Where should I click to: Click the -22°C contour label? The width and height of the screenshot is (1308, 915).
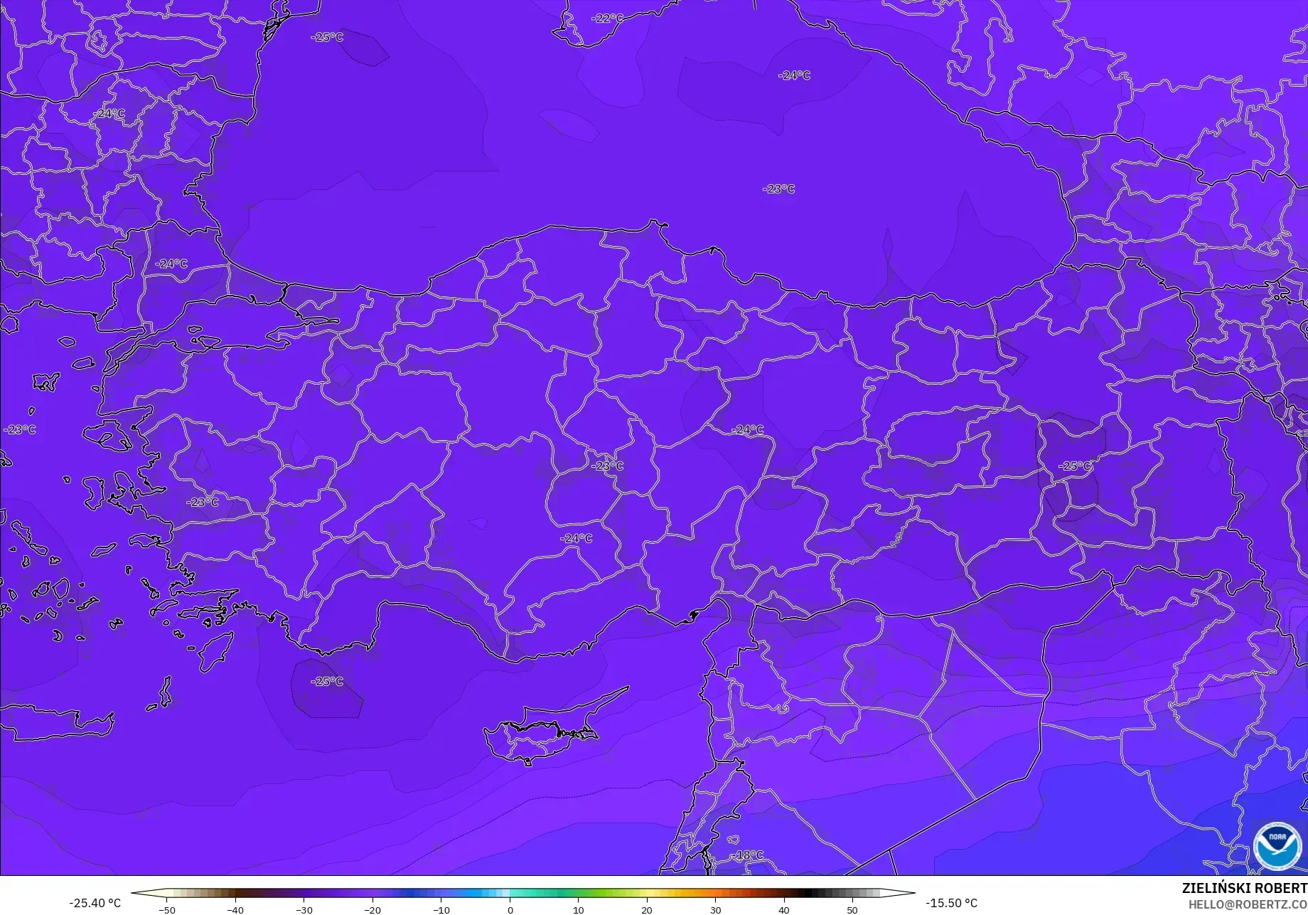(x=606, y=18)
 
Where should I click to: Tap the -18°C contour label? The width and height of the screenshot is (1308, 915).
(x=749, y=855)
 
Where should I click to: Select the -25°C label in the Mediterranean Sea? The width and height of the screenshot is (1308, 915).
(x=327, y=681)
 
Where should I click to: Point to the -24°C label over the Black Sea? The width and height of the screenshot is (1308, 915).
(x=794, y=75)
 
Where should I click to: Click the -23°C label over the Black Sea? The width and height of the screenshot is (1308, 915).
(x=778, y=189)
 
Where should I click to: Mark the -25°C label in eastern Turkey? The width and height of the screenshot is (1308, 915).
(x=1074, y=466)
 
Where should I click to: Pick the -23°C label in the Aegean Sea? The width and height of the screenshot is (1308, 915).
(x=20, y=429)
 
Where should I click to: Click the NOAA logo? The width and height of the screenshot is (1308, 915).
(x=1277, y=845)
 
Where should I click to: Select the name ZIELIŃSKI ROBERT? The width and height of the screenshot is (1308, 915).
(x=1244, y=889)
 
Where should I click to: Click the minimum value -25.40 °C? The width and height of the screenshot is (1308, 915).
(x=95, y=903)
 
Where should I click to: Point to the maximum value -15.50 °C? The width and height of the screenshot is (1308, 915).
(x=951, y=903)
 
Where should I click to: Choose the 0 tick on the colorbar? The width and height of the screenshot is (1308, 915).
(x=510, y=910)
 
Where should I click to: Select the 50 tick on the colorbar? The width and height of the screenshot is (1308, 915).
(x=852, y=910)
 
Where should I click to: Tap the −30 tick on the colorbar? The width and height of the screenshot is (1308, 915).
(x=304, y=910)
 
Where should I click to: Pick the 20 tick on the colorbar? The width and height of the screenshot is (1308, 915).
(x=647, y=910)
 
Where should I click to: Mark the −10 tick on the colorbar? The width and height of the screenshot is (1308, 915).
(x=441, y=910)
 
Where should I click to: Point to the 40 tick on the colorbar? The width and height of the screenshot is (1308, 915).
(x=784, y=910)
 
